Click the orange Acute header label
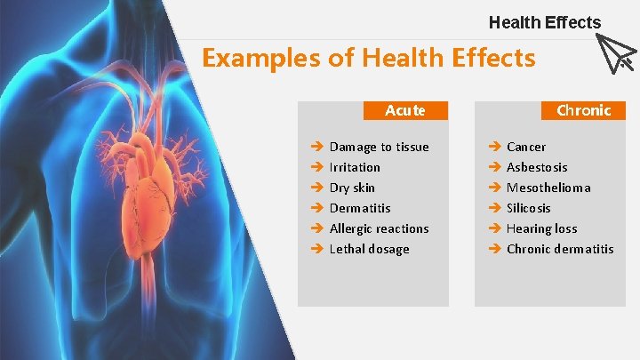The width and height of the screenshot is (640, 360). pyautogui.click(x=405, y=111)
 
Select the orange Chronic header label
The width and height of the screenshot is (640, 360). pyautogui.click(x=583, y=111)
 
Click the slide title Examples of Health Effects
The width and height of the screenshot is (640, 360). pyautogui.click(x=368, y=59)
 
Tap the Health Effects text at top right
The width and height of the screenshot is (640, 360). pyautogui.click(x=544, y=23)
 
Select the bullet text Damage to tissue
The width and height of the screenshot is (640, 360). pyautogui.click(x=379, y=147)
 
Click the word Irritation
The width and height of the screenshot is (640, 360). pyautogui.click(x=355, y=167)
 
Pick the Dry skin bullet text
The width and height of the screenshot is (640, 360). pyautogui.click(x=352, y=188)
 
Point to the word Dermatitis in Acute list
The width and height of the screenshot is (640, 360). pyautogui.click(x=360, y=208)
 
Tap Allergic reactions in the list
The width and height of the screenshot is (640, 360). pyautogui.click(x=379, y=228)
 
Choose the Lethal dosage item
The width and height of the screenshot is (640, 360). pyautogui.click(x=369, y=249)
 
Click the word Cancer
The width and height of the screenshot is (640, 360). pyautogui.click(x=526, y=147)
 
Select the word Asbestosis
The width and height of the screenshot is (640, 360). pyautogui.click(x=537, y=167)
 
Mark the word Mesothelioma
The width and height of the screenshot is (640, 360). pyautogui.click(x=548, y=188)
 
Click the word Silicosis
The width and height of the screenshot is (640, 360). pyautogui.click(x=529, y=208)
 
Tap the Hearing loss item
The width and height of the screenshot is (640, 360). pyautogui.click(x=541, y=228)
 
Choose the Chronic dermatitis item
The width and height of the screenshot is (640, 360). pyautogui.click(x=560, y=249)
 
